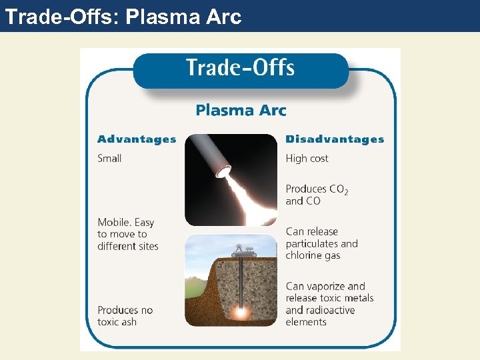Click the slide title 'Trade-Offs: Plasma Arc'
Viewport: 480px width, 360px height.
123,16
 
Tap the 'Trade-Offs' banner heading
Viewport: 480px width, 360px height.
240,68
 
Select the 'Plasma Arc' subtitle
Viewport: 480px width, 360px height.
241,110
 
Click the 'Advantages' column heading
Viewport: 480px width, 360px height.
137,139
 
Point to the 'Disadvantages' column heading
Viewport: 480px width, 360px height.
335,139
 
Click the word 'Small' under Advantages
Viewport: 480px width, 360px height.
109,159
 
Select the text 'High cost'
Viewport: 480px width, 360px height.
307,159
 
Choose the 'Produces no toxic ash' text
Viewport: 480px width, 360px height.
125,315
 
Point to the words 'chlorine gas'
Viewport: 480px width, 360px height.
313,255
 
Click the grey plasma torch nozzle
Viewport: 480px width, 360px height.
206,154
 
